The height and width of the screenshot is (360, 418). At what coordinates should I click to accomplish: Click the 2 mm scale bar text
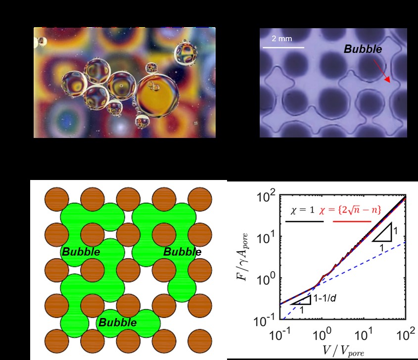[281, 39]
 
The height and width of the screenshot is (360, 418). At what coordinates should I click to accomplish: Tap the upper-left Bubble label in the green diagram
[81, 252]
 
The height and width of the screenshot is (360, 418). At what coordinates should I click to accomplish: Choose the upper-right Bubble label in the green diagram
[183, 252]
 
